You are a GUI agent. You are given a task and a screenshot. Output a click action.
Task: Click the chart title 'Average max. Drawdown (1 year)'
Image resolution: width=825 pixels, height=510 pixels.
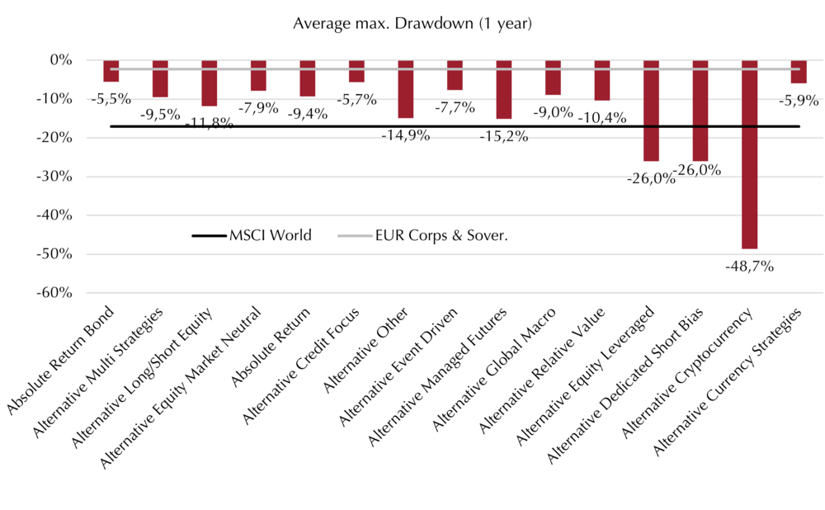412,24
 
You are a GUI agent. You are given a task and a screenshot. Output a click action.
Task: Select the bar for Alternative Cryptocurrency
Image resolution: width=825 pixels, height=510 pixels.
749,155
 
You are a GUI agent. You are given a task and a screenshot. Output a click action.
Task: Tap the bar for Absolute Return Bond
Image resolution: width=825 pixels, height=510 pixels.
111,71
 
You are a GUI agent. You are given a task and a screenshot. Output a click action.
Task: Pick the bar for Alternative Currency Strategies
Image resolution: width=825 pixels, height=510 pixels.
799,72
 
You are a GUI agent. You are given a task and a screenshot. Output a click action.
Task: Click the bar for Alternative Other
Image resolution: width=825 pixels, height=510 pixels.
406,89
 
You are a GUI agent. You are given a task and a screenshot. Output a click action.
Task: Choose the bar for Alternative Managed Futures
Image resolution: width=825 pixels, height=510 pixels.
504,90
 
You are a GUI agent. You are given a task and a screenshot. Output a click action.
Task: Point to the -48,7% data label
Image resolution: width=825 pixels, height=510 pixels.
749,267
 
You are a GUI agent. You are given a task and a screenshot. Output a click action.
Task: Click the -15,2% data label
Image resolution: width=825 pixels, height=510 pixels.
504,136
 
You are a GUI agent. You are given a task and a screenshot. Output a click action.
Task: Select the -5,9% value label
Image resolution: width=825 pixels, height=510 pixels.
799,100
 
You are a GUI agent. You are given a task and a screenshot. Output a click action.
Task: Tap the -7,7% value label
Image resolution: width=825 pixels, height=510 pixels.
455,107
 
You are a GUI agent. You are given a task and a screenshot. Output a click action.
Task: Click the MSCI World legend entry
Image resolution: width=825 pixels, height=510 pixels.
252,235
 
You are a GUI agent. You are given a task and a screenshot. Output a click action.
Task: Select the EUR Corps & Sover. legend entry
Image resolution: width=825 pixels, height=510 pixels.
422,235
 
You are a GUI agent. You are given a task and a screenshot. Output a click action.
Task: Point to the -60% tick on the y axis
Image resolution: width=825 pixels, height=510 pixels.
54,293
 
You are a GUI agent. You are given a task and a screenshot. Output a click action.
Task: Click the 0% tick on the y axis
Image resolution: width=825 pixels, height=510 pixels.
61,60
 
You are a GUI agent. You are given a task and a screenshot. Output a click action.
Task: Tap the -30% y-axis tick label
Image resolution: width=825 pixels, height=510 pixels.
54,177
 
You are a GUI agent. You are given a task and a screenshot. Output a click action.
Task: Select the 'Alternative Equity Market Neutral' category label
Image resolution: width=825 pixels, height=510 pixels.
181,388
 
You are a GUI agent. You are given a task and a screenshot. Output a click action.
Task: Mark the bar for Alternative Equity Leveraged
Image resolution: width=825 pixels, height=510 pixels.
652,111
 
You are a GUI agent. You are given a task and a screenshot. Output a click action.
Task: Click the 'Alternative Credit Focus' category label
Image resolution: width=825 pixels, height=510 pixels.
301,366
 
